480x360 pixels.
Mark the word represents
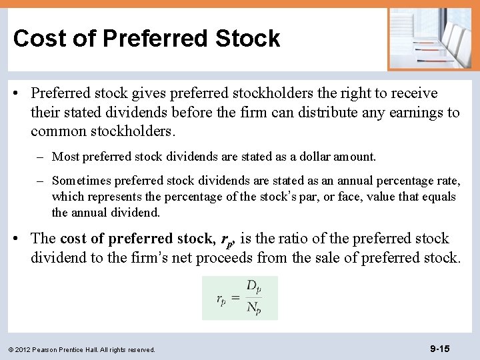tap(115, 197)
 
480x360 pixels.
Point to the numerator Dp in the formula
tap(253, 287)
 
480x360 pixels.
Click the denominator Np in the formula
tap(253, 308)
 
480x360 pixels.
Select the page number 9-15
tap(440, 349)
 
